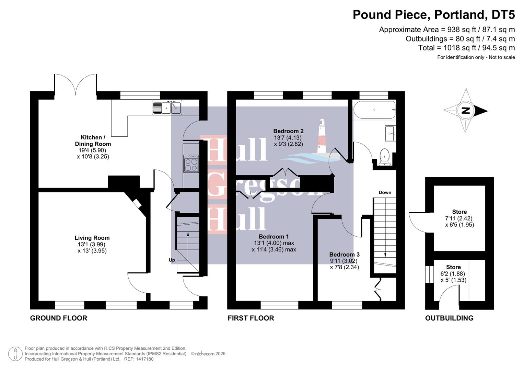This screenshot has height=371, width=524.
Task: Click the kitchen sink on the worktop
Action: [167, 108]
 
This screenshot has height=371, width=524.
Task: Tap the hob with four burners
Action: [191, 164]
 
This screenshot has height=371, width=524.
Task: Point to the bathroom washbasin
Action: [390, 133]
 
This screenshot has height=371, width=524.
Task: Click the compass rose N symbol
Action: [466, 111]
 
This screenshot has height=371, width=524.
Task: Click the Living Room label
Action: [92, 238]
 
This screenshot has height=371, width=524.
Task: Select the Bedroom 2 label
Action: [288, 131]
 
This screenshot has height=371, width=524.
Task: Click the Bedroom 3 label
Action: [344, 255]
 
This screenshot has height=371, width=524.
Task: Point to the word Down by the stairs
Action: [385, 192]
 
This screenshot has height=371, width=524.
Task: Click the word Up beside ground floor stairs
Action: [172, 260]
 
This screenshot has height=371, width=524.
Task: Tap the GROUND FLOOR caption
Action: [59, 318]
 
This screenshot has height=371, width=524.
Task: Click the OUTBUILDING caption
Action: [449, 318]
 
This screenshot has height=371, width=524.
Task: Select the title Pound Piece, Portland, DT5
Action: [434, 15]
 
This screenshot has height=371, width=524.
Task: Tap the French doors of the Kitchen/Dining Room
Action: [75, 84]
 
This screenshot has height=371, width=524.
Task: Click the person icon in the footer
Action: [15, 354]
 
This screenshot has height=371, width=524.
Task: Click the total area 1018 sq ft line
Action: [466, 48]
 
